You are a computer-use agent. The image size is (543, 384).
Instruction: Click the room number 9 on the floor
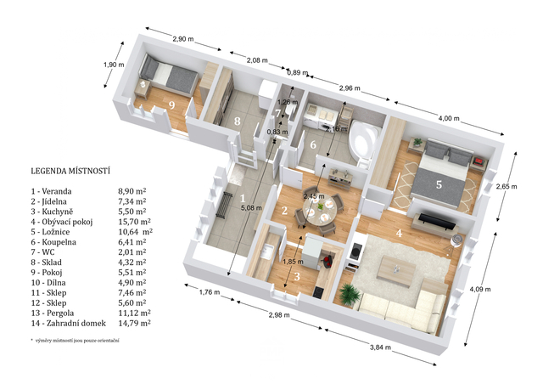coord(171,104)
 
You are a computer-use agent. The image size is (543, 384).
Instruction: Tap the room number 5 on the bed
coord(439,184)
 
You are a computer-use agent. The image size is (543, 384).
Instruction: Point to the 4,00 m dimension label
coord(449,118)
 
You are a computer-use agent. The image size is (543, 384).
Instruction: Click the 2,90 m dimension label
coord(183,39)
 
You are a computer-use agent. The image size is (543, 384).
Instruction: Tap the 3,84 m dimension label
coord(380,347)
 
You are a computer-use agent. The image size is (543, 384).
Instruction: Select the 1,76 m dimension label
coord(210,292)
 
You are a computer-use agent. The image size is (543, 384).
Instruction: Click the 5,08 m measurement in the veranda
coord(251,208)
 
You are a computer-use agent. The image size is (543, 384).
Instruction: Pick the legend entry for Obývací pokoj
coord(62,222)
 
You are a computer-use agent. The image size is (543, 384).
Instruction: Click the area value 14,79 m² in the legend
coord(134,324)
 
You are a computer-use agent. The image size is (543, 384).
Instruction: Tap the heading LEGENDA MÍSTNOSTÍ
coord(70,171)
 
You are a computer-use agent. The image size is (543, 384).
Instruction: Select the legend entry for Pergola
coord(53,313)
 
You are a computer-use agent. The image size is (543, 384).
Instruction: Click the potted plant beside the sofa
coord(349,294)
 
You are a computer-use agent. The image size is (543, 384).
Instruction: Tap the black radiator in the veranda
coord(225,206)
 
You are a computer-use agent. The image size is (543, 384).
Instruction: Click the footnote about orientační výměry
coord(75,341)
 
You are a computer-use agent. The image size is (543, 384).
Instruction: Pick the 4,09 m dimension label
coord(480,289)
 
